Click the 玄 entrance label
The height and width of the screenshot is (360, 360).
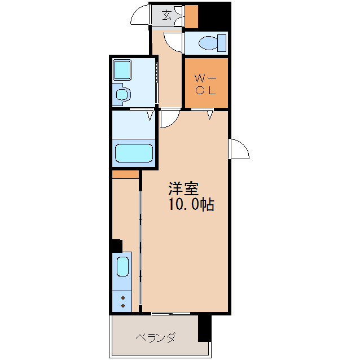(167, 15)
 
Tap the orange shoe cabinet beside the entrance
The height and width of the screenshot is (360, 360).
(191, 16)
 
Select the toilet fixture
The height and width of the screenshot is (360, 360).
(212, 42)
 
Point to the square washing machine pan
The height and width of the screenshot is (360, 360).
(122, 70)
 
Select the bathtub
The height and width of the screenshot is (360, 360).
(134, 153)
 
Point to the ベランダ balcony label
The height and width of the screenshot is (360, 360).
(155, 338)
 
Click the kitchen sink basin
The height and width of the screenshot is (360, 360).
(123, 266)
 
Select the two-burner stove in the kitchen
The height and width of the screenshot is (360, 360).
(122, 300)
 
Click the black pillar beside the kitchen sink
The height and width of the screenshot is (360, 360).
(116, 246)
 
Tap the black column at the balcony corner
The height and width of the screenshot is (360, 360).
(204, 328)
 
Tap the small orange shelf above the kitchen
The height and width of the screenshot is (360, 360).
(125, 174)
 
